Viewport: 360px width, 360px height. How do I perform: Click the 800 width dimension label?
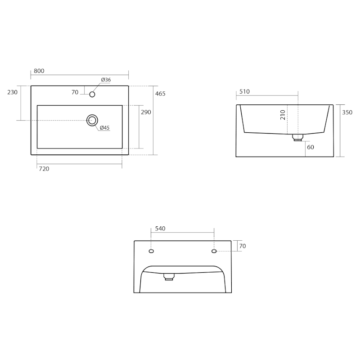39,71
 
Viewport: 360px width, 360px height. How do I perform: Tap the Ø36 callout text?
106,80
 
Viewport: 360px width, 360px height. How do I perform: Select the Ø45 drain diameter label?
105,128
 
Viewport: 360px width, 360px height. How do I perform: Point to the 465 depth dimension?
160,94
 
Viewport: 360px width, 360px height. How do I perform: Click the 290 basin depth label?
146,112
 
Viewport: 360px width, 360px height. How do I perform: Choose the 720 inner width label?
44,169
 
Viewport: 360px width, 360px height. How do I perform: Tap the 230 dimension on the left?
13,92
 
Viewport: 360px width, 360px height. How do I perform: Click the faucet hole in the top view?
92,94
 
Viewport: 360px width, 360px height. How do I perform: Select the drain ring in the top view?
92,115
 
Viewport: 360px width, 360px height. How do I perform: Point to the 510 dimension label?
244,92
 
